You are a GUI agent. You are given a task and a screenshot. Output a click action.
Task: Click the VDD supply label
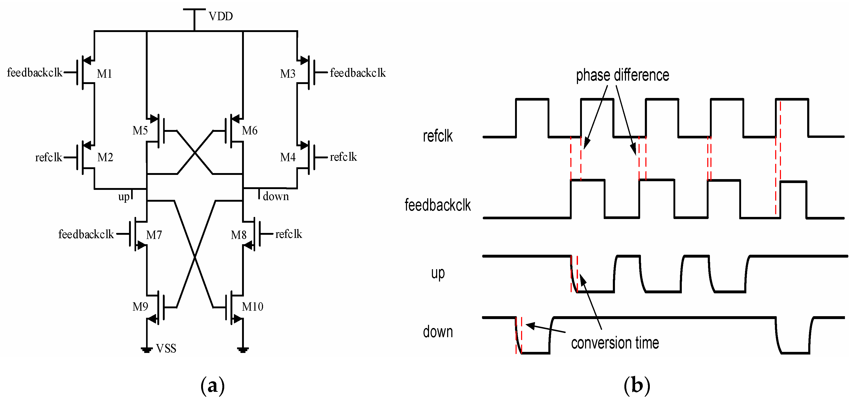(220, 16)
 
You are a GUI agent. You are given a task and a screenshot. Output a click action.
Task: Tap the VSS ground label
(166, 348)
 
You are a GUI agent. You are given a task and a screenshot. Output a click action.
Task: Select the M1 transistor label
(104, 74)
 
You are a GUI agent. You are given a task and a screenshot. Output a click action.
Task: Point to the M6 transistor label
(249, 130)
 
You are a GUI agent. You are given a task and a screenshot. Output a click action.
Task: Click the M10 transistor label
(252, 306)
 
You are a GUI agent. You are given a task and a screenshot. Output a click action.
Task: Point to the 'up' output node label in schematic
(124, 197)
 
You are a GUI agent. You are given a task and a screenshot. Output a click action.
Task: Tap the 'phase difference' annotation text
(622, 75)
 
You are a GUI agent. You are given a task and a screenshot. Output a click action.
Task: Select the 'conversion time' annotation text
(615, 343)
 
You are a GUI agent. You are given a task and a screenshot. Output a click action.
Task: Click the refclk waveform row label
(437, 136)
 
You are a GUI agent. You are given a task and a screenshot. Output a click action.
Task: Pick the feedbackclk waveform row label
(437, 205)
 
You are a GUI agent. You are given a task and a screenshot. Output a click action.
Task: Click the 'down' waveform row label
(437, 332)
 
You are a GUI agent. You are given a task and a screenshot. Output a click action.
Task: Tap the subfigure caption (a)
(213, 386)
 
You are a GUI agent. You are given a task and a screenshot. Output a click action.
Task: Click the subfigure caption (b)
(636, 386)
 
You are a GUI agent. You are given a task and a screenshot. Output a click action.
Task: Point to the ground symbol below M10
(243, 350)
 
